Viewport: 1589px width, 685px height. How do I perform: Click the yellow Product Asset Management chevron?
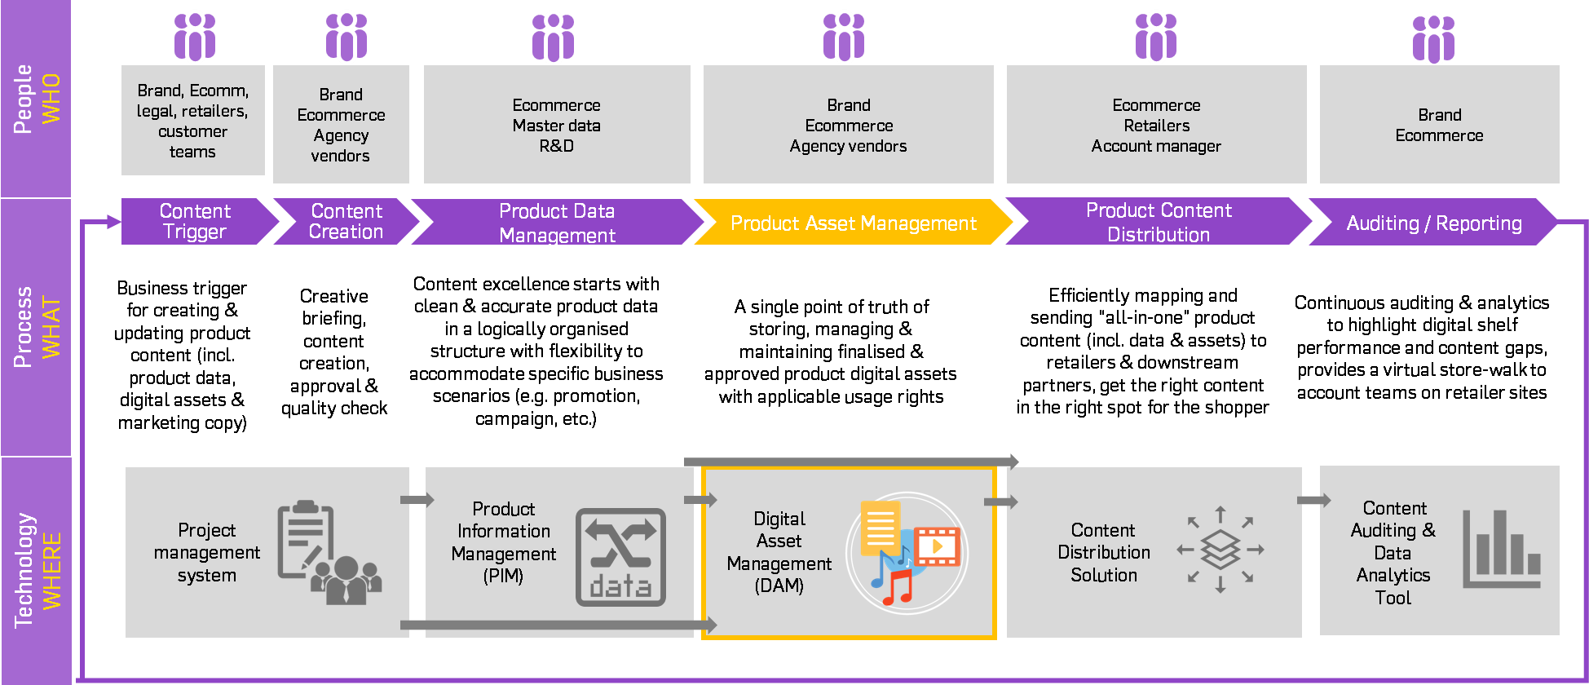(x=853, y=223)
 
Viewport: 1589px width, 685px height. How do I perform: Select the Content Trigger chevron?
(x=195, y=222)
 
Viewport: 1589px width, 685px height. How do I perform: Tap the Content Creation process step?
(x=346, y=222)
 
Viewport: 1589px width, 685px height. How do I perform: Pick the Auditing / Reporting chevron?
(x=1433, y=223)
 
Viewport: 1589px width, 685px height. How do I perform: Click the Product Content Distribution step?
(x=1158, y=222)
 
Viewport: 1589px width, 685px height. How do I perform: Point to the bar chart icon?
(x=1501, y=549)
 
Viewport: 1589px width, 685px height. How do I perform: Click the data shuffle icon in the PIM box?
(x=620, y=557)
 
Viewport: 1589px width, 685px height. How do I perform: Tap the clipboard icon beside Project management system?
(x=307, y=538)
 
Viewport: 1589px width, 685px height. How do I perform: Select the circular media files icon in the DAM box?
(x=907, y=553)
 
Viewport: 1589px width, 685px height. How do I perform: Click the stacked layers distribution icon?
(x=1220, y=550)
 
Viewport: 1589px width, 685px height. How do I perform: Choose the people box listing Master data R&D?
(x=557, y=125)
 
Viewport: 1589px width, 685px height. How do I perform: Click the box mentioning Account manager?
(x=1156, y=125)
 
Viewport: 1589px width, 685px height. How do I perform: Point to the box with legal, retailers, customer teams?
(x=193, y=121)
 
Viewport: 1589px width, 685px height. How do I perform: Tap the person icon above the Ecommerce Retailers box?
(x=1156, y=37)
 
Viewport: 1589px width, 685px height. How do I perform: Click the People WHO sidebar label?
(x=36, y=99)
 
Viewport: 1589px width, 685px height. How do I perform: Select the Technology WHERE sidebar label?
(x=36, y=570)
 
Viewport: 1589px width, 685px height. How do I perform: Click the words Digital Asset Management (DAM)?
(x=779, y=552)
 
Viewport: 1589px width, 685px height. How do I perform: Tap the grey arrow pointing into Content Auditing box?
(x=1313, y=500)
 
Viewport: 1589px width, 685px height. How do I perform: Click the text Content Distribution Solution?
(x=1103, y=552)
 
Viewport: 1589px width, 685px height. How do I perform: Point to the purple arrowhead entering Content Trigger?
(x=114, y=221)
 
